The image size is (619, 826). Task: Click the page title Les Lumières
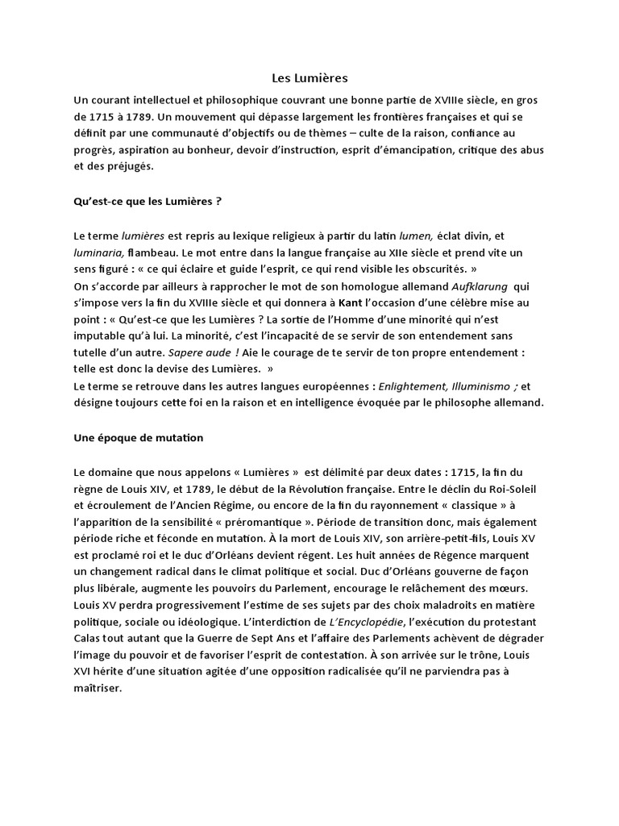(309, 78)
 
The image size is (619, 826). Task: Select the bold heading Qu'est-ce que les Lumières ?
(147, 200)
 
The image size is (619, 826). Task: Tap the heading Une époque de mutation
(139, 437)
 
